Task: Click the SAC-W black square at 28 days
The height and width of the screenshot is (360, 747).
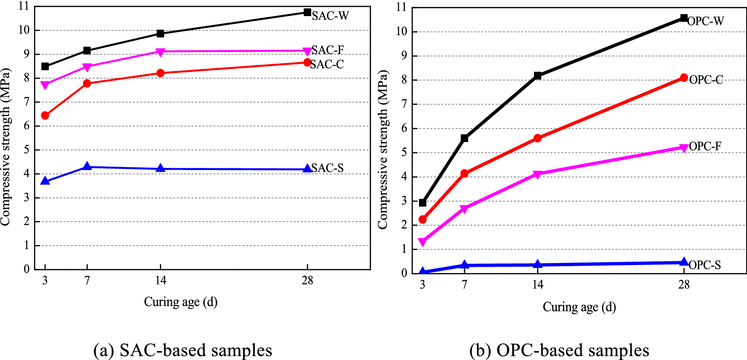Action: [x=307, y=12]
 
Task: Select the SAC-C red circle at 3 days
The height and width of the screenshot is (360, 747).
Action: [x=45, y=115]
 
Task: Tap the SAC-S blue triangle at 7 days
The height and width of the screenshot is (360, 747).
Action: [x=87, y=166]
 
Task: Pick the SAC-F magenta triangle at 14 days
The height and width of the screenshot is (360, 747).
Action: [x=160, y=52]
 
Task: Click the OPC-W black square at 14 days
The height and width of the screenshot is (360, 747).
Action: [x=537, y=76]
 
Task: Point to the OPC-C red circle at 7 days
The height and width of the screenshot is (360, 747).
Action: [x=464, y=173]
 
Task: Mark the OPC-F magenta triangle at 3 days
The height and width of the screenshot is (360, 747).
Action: [x=422, y=242]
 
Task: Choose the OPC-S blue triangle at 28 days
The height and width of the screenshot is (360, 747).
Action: [x=684, y=262]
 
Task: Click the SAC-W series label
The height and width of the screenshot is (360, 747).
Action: [x=330, y=16]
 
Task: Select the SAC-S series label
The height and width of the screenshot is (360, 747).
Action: [x=327, y=168]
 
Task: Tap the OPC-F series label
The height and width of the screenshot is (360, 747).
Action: [x=705, y=146]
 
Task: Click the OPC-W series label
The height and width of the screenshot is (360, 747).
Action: [x=705, y=21]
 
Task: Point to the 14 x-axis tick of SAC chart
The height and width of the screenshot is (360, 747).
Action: [x=160, y=280]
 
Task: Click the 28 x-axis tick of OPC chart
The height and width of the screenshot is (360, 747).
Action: [x=684, y=285]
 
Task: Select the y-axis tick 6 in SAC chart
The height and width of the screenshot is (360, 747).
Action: [x=27, y=126]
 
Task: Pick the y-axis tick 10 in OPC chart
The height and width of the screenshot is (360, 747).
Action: [x=401, y=31]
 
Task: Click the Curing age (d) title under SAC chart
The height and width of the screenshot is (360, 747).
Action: [x=181, y=302]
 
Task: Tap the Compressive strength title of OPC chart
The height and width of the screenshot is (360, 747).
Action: [x=383, y=150]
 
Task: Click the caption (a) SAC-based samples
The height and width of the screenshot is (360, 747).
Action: [x=183, y=350]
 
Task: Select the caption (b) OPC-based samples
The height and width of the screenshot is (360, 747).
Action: [x=559, y=350]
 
